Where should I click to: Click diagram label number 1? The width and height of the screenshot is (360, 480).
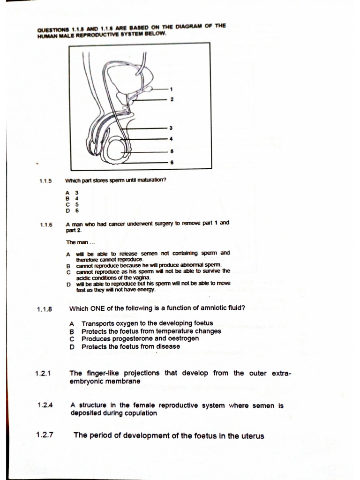pos(171,89)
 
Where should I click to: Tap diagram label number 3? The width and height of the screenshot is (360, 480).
pos(171,127)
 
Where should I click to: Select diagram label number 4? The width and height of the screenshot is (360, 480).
pos(171,139)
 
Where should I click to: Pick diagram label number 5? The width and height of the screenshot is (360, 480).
pos(171,151)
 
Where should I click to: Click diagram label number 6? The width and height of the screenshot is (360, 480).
pos(171,162)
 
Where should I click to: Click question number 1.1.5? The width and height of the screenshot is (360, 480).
pos(45,180)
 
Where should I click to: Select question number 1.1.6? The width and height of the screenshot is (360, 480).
pos(46,225)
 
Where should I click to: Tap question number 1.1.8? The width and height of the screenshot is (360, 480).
pos(44,309)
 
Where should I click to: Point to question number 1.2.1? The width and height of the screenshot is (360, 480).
pos(43,374)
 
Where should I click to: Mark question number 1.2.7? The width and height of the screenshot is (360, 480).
pos(45,435)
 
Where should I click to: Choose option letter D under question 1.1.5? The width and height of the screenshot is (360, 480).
pos(68,210)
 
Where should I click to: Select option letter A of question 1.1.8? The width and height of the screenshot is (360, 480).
pos(72,323)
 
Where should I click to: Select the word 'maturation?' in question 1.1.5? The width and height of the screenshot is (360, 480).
pos(151,180)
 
